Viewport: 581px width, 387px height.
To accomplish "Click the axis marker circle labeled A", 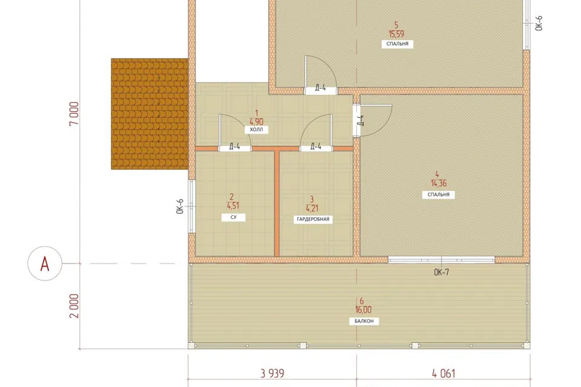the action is [x=45, y=263].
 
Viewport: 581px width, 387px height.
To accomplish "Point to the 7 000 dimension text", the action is [x=74, y=114].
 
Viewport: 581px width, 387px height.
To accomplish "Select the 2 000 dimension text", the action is [x=74, y=306].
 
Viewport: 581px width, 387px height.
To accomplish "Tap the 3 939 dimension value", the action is [x=272, y=373].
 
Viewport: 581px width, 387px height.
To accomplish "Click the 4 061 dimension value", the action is [x=444, y=373].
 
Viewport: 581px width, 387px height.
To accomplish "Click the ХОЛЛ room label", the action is [x=257, y=130].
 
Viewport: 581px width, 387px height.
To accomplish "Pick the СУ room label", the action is [x=234, y=218].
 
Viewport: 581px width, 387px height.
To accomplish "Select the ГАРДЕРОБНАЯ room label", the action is [x=313, y=220].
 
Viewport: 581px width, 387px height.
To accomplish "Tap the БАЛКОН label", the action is [x=364, y=321].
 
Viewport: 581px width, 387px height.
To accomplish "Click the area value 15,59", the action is [x=396, y=34].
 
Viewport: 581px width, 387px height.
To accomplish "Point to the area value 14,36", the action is [x=438, y=183].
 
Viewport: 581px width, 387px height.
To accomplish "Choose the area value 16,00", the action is [x=364, y=310].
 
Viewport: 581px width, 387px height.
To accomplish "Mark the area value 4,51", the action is [x=233, y=206].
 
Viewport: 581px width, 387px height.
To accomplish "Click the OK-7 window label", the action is [x=441, y=273].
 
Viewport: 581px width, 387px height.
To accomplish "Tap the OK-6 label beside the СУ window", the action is [x=180, y=207].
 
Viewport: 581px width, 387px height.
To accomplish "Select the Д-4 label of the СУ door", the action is [x=235, y=147].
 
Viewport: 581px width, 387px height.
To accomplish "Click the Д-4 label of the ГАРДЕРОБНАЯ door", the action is [x=316, y=147].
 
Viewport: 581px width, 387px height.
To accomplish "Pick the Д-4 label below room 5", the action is [x=321, y=88].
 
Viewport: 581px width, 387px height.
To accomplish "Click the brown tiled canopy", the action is [x=149, y=114].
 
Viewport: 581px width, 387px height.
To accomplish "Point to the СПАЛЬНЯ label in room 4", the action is [x=438, y=195].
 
